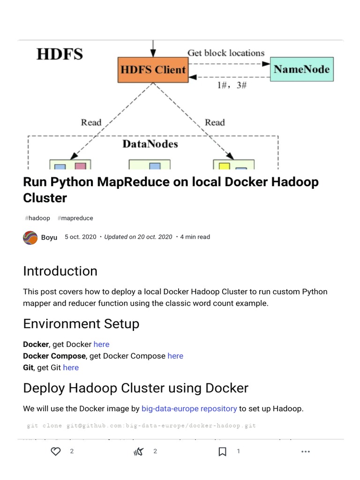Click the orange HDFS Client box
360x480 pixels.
153,70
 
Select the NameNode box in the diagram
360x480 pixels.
302,69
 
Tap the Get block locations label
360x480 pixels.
226,53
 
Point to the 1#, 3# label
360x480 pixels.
232,85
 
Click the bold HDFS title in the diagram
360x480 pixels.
60,54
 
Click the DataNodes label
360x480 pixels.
150,144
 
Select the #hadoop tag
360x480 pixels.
37,218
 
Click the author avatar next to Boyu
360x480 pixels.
30,237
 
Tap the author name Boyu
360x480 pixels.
49,237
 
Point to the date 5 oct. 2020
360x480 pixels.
80,237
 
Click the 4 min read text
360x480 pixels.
195,237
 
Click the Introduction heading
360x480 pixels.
60,271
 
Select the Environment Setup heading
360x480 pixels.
81,324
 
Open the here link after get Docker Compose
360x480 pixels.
175,356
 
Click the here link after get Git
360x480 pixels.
71,367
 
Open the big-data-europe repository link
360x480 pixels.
189,409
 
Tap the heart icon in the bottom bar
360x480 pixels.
56,451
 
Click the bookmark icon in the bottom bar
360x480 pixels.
223,451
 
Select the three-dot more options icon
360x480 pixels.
306,451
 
